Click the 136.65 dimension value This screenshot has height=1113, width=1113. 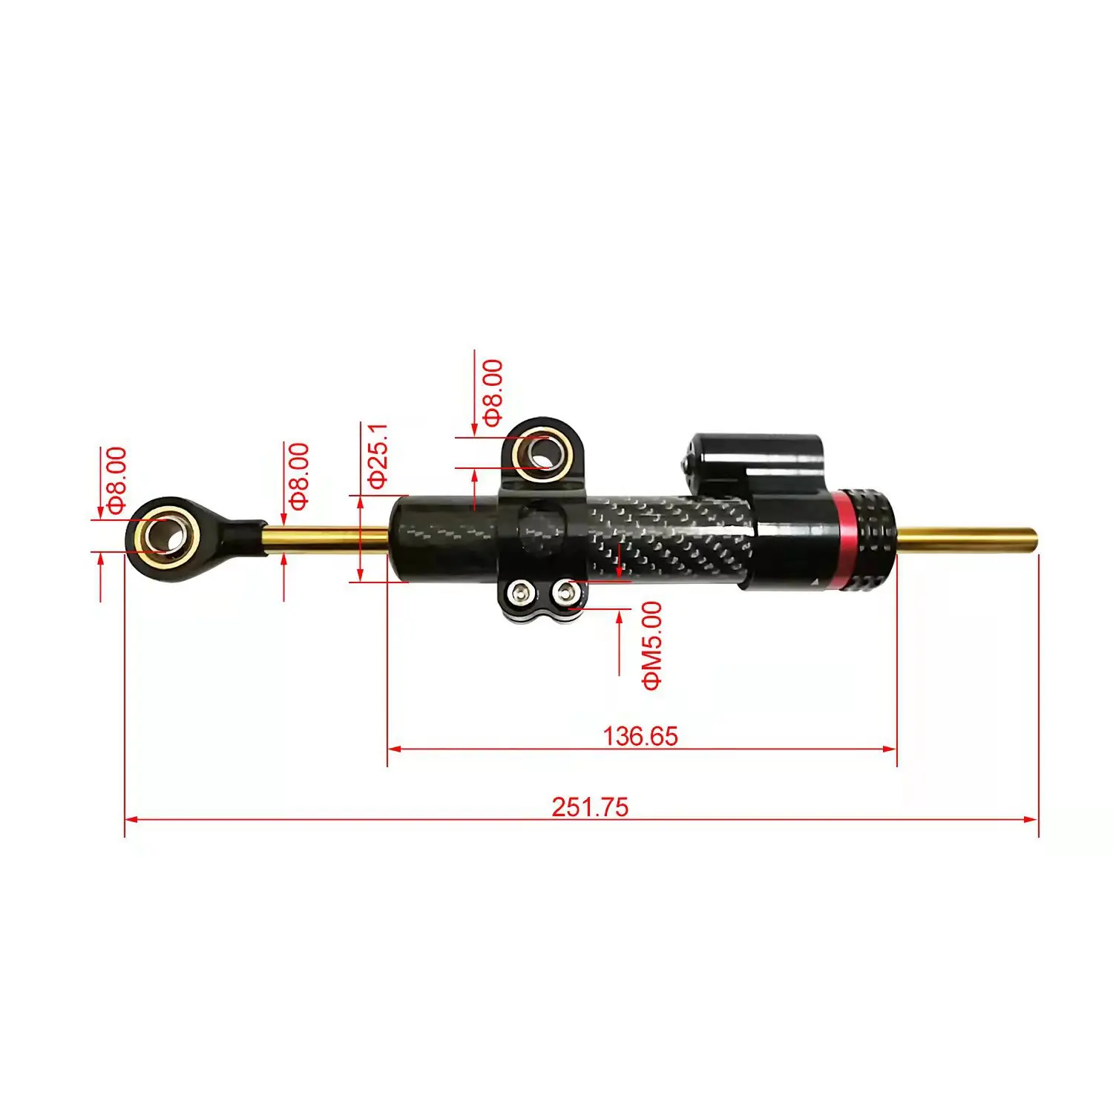pyautogui.click(x=640, y=736)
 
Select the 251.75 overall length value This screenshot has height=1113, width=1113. pyautogui.click(x=590, y=807)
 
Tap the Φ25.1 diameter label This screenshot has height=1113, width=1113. pyautogui.click(x=378, y=455)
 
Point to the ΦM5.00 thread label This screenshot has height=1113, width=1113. pyautogui.click(x=652, y=646)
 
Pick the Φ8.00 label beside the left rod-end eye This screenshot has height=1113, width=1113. pyautogui.click(x=116, y=480)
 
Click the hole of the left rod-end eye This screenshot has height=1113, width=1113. pyautogui.click(x=163, y=534)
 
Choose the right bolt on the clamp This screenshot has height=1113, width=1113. pyautogui.click(x=568, y=592)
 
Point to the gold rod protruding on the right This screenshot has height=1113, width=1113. pyautogui.click(x=965, y=539)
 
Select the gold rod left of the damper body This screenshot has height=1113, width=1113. pyautogui.click(x=326, y=538)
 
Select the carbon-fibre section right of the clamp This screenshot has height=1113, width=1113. pyautogui.click(x=668, y=538)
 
